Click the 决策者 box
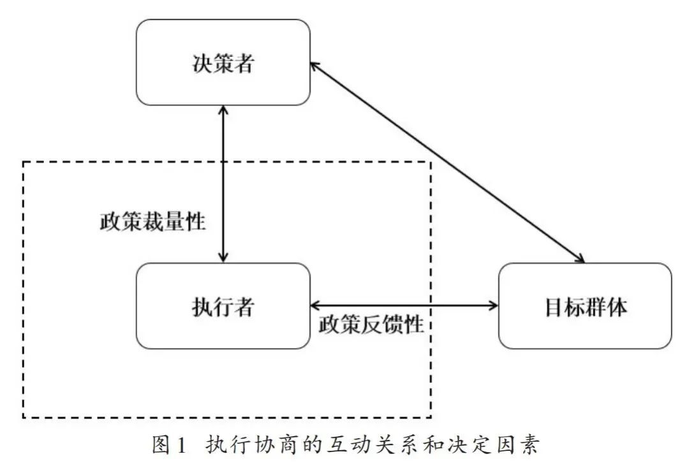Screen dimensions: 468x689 pos(223,62)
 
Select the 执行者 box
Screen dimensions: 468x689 pos(223,306)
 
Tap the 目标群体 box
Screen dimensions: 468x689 pos(584,306)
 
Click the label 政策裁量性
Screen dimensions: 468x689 pos(152,221)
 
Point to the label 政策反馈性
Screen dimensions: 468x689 pos(371,325)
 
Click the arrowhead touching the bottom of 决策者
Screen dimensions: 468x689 pos(223,111)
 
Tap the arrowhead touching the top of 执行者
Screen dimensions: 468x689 pos(223,256)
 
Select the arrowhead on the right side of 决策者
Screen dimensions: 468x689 pos(315,66)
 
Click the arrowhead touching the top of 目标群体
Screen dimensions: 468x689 pos(580,258)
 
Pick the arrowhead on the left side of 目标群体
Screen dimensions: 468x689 pos(493,305)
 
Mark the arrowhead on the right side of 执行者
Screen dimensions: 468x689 pos(315,305)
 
